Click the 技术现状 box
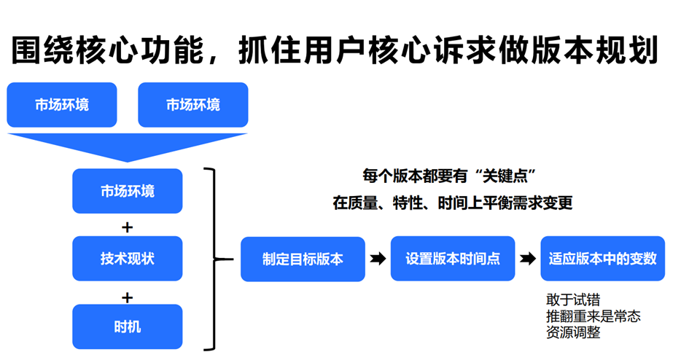128,259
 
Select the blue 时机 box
128,326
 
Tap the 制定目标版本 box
303,259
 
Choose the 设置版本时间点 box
453,259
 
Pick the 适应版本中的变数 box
602,259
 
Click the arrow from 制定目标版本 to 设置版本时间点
378,259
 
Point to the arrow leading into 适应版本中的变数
528,259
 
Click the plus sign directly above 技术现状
127,227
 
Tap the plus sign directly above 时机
127,297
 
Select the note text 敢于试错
573,300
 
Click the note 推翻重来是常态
593,316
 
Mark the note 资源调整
573,332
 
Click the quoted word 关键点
505,176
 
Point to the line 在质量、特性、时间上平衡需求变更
453,203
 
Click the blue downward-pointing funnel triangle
127,147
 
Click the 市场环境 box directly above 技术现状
128,191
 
